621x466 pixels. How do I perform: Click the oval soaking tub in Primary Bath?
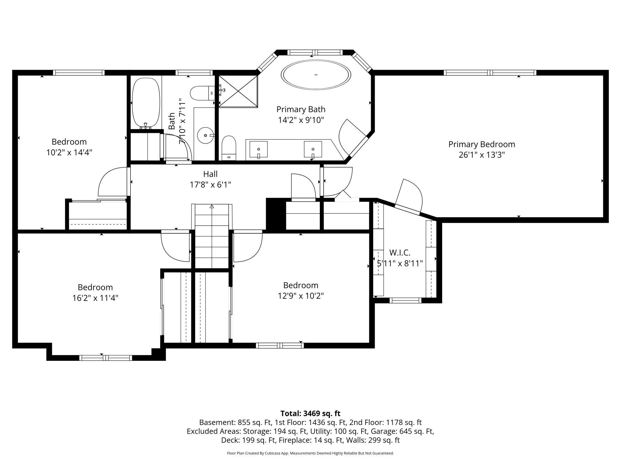[x=316, y=75]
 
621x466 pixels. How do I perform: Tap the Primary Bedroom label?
[x=482, y=144]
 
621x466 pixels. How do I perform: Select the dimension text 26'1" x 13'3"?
[x=482, y=155]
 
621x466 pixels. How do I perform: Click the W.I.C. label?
[x=400, y=253]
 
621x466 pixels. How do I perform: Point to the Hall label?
[x=210, y=174]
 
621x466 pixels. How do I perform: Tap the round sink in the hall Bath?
[x=205, y=135]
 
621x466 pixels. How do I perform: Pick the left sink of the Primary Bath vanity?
[x=259, y=149]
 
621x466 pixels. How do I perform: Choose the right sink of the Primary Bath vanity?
[x=313, y=149]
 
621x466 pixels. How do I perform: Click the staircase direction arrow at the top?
[x=212, y=206]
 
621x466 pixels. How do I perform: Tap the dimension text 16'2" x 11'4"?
[x=95, y=298]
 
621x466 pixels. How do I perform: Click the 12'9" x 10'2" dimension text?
[x=301, y=296]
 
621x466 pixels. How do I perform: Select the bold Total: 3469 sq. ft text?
[x=310, y=413]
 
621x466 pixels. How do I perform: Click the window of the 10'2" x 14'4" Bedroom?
[x=79, y=73]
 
